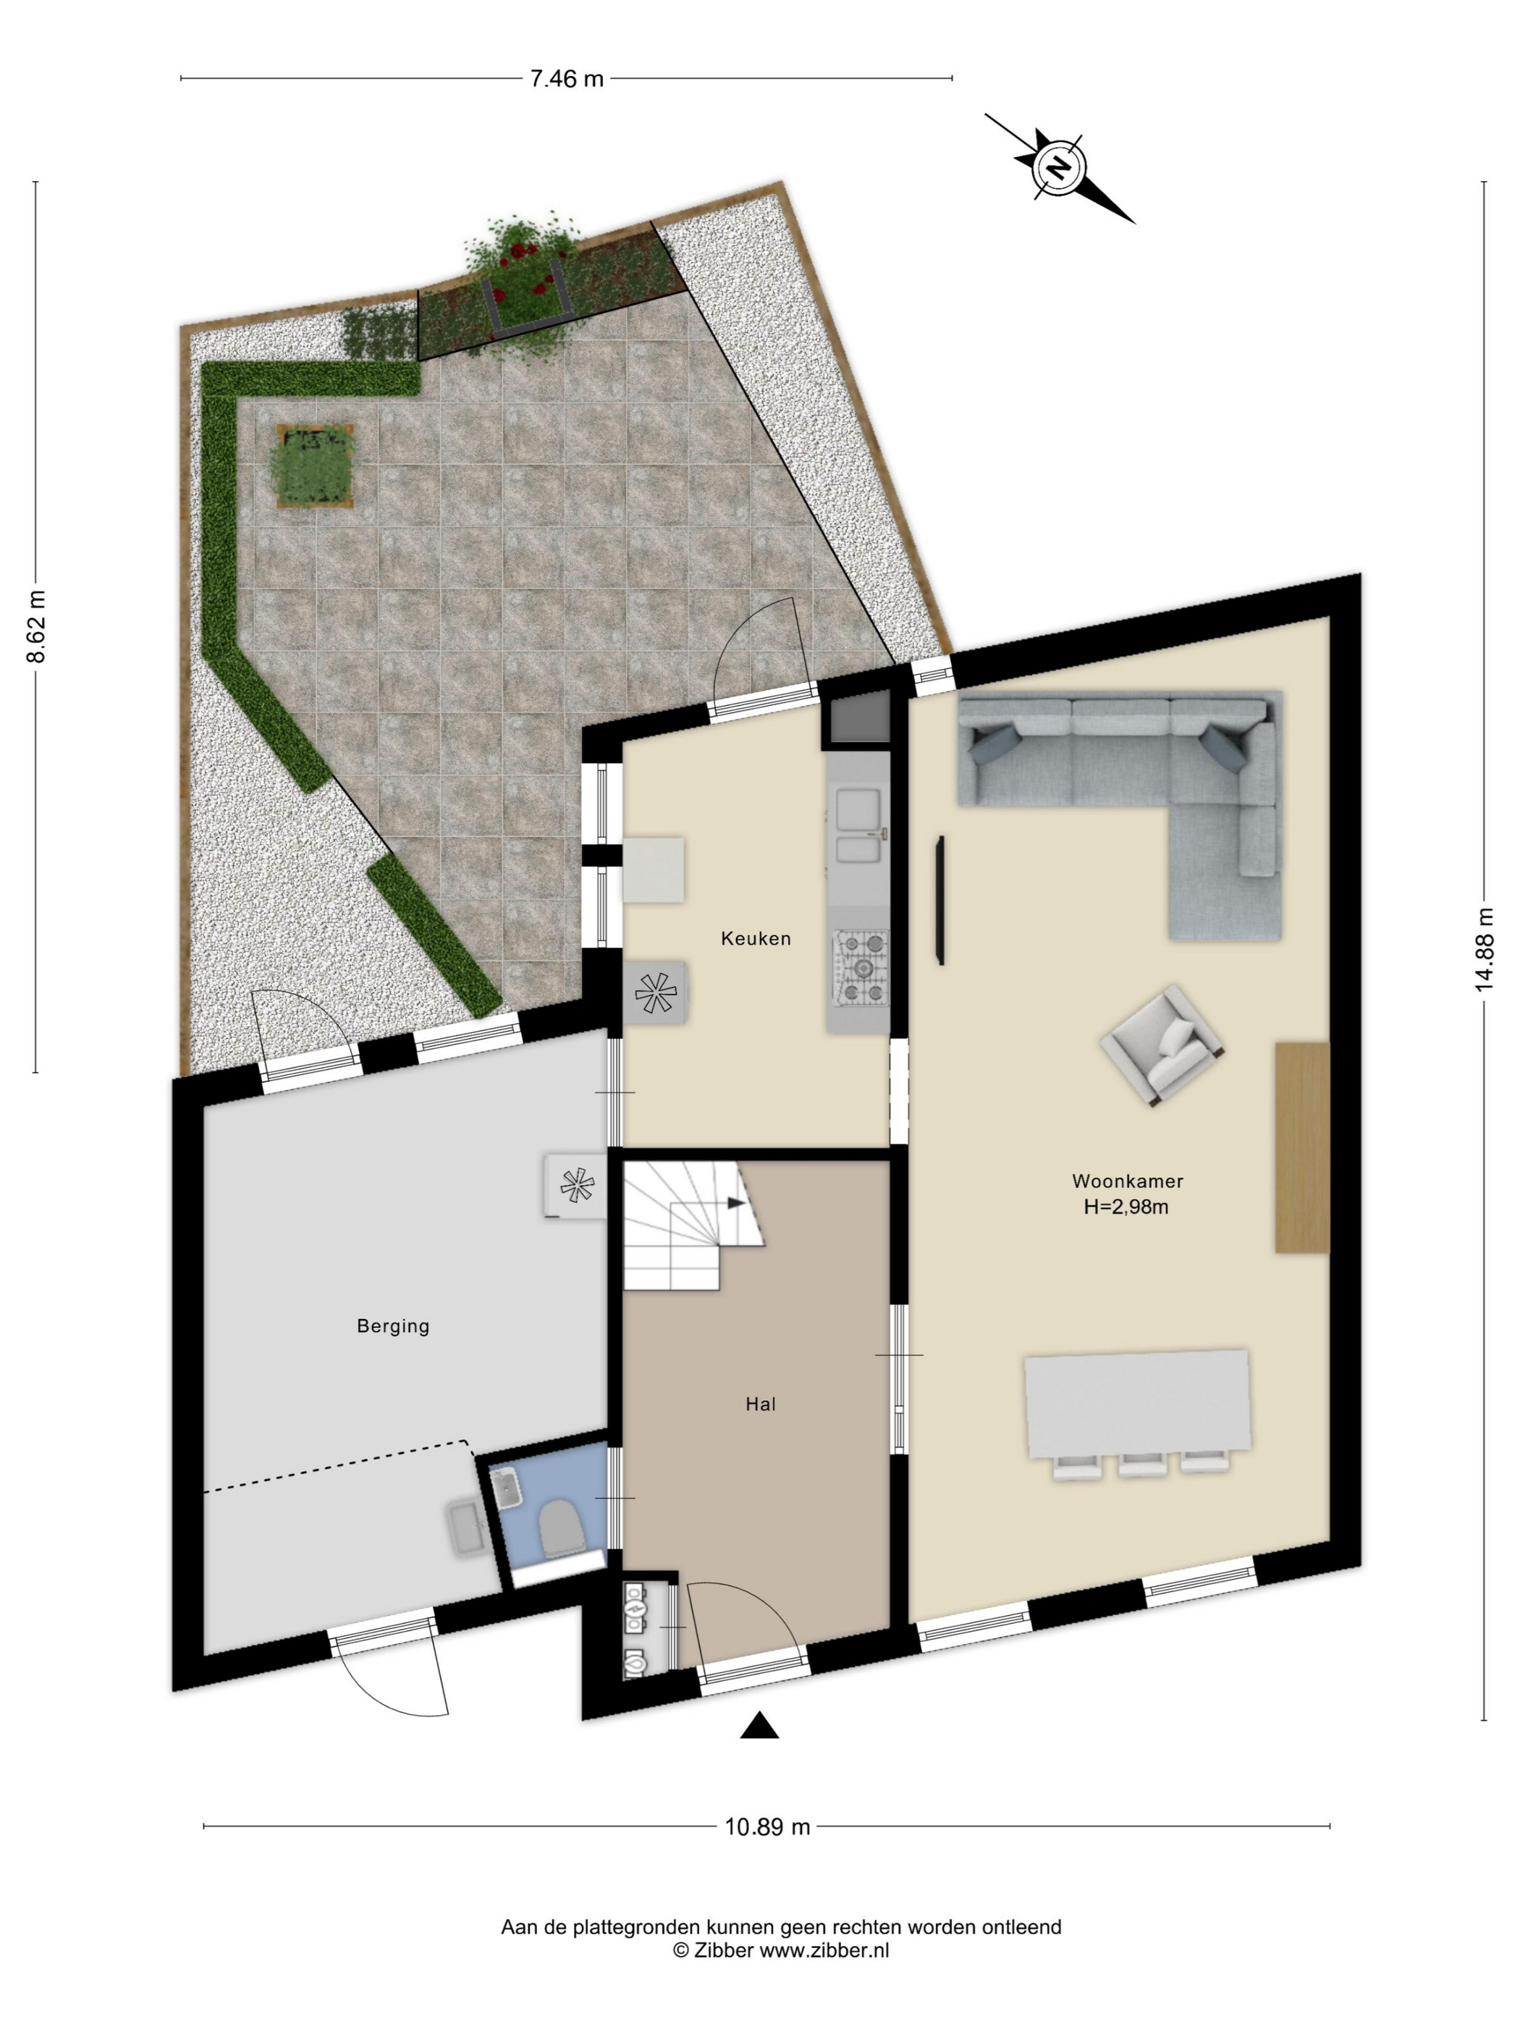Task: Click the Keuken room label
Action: tap(755, 938)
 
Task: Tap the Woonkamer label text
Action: tap(1127, 1181)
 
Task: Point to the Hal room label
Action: tap(761, 1404)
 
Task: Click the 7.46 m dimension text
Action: tap(567, 79)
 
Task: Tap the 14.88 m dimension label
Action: tap(1485, 948)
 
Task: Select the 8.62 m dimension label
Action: tap(35, 626)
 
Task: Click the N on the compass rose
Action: tap(1059, 169)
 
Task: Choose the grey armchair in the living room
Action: tap(1162, 1045)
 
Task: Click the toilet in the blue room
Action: tap(562, 1527)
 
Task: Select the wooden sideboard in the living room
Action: tap(1302, 1147)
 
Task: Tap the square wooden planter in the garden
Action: tap(314, 465)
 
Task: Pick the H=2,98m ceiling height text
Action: tap(1126, 1207)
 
